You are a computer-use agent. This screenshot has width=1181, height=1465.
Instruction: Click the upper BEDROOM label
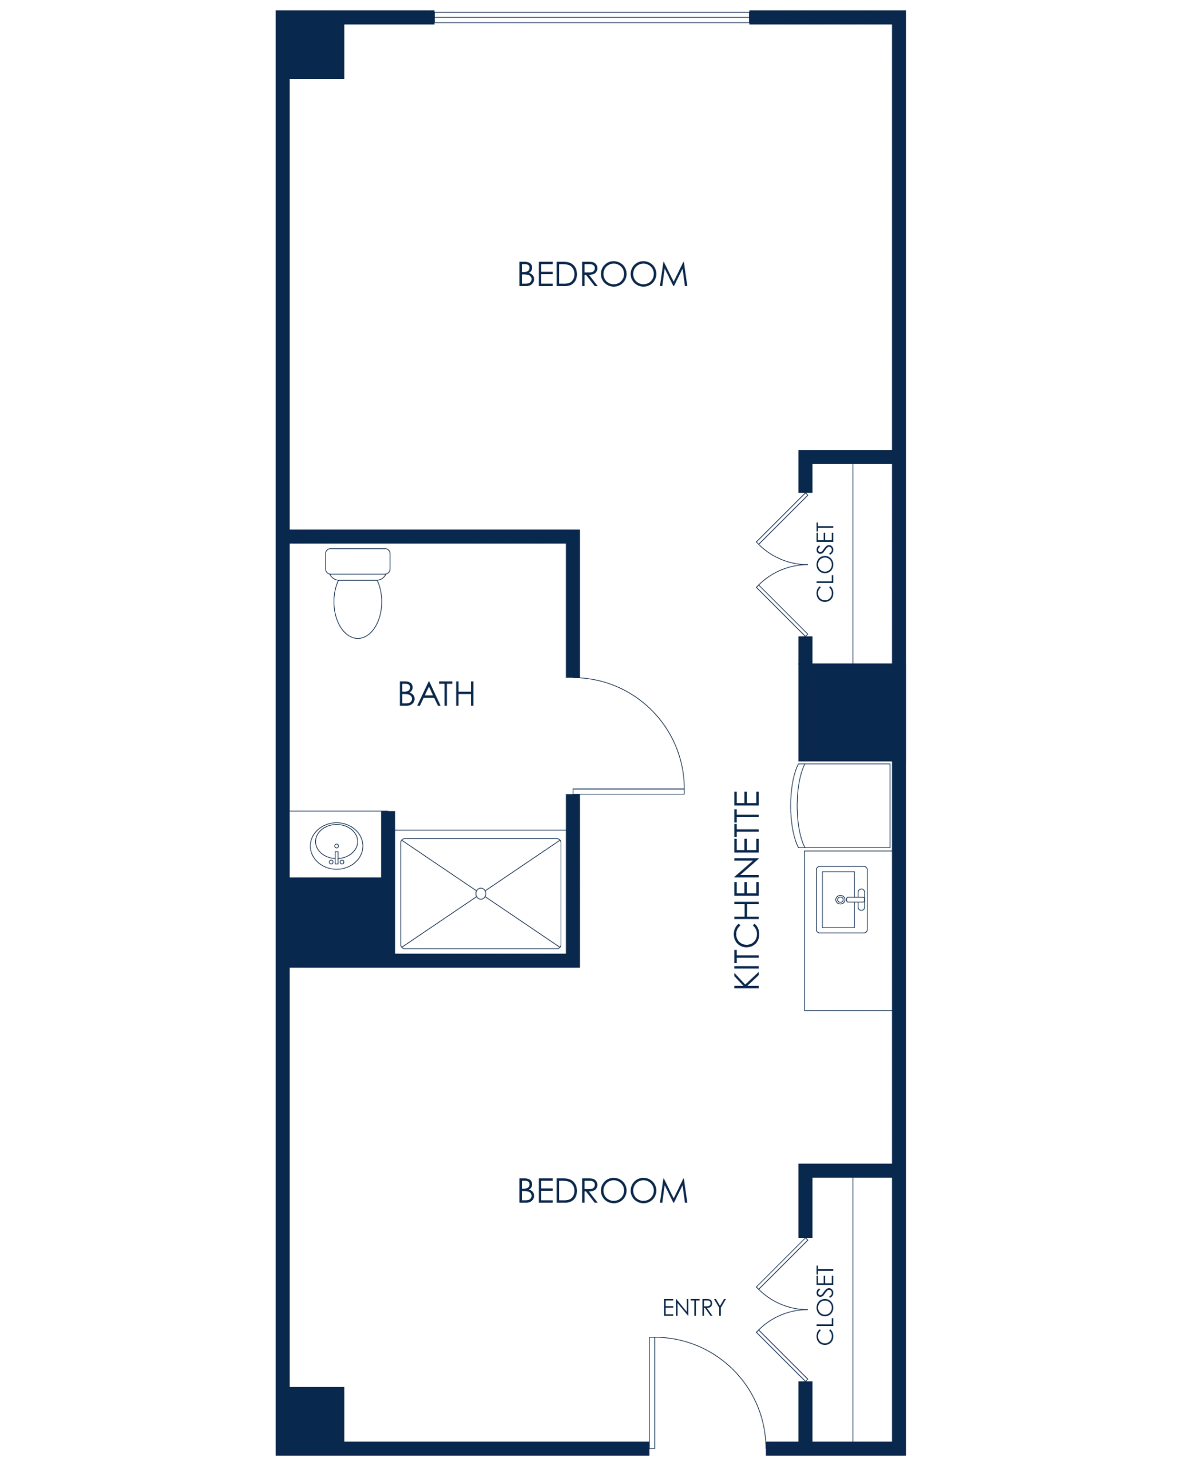[x=604, y=276]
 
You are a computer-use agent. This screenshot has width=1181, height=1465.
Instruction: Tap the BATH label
[x=436, y=695]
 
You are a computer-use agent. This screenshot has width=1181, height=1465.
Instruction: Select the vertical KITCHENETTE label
[x=746, y=888]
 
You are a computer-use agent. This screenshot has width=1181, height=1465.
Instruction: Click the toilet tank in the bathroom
[x=359, y=562]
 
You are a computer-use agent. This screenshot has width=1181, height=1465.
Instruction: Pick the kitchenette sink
[x=842, y=899]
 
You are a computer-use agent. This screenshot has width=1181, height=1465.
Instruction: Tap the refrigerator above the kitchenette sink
[x=843, y=806]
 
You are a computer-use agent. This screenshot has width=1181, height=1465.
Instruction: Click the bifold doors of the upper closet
[x=782, y=564]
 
